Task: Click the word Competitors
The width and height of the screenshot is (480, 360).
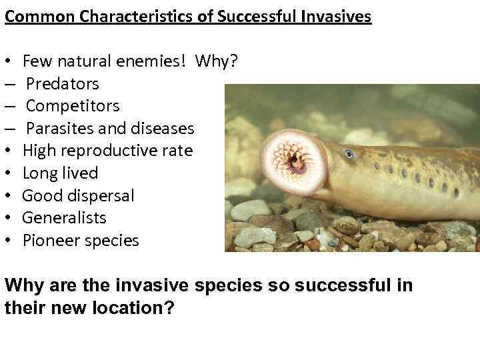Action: pyautogui.click(x=73, y=106)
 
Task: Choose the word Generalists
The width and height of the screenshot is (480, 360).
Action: pyautogui.click(x=64, y=218)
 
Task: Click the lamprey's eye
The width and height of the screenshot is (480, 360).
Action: pyautogui.click(x=349, y=154)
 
